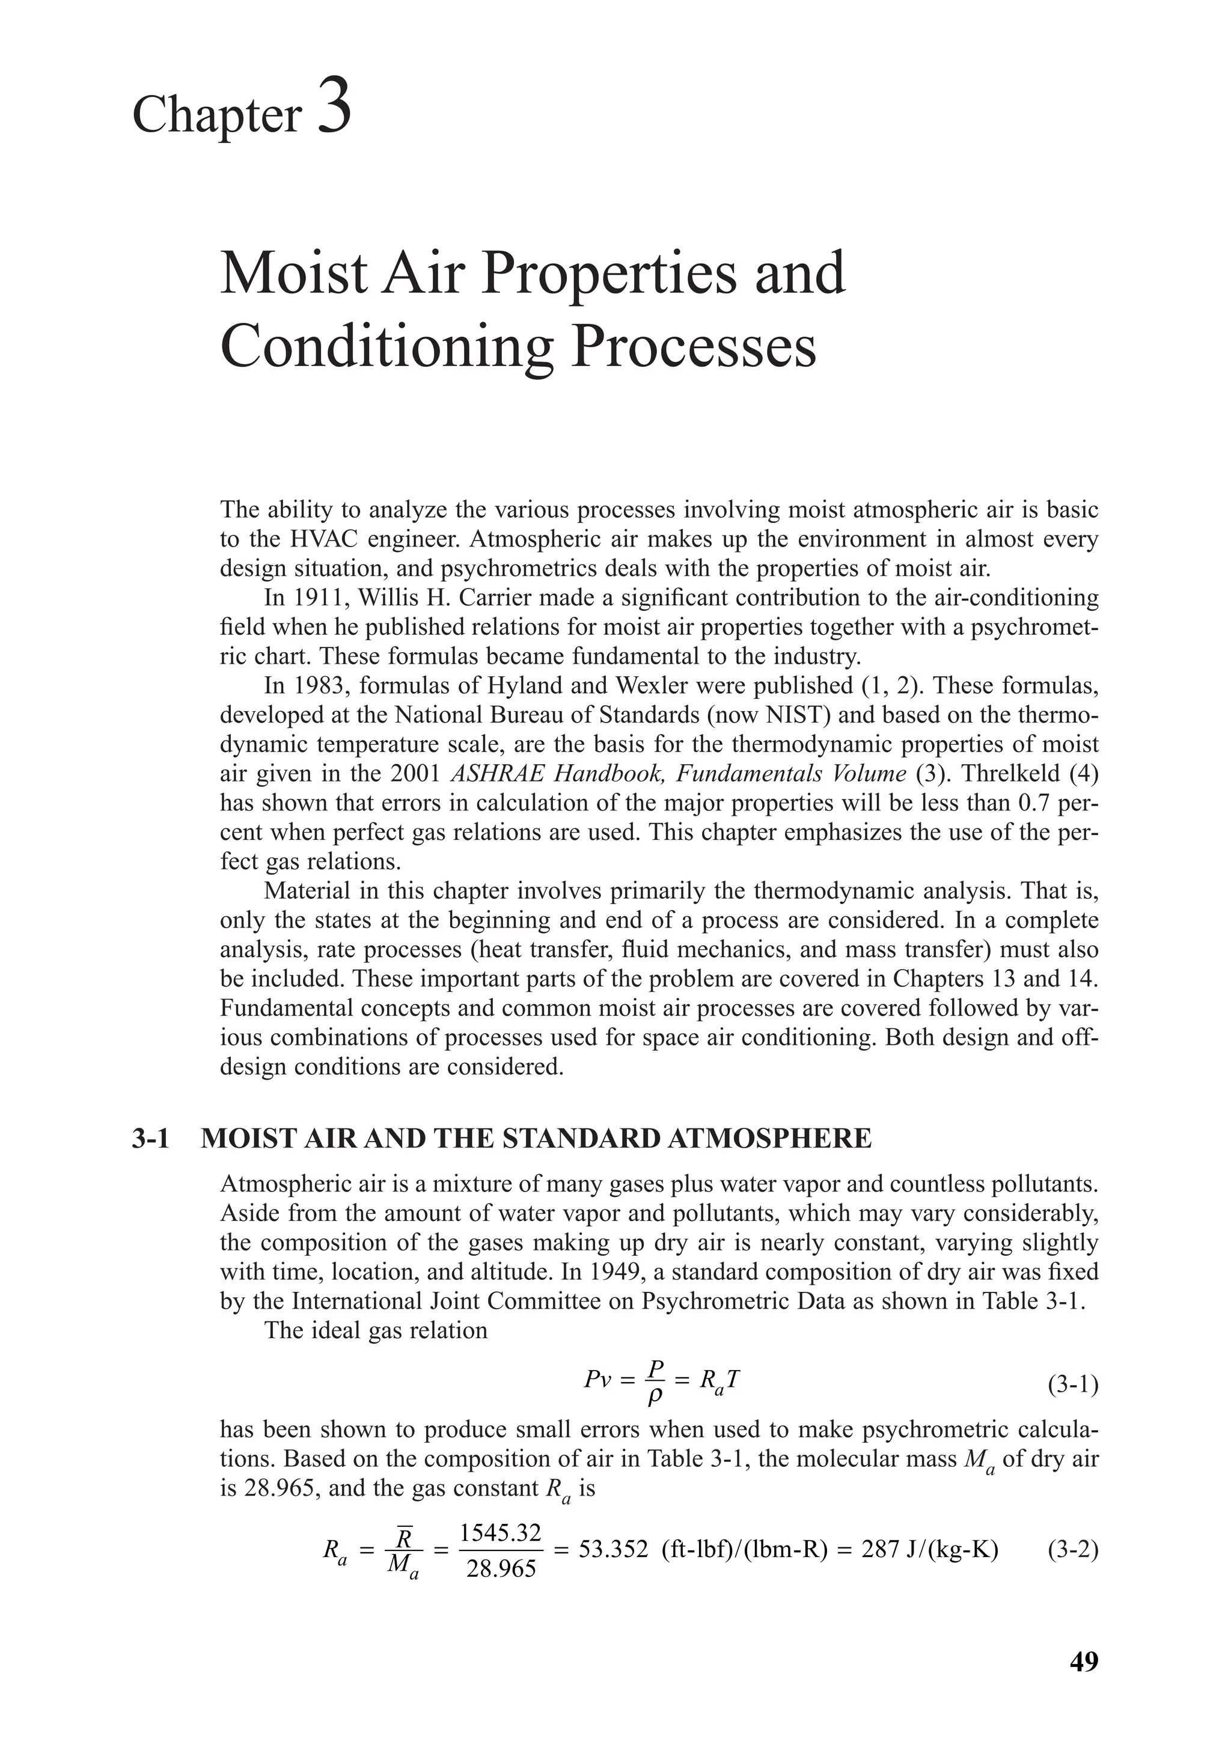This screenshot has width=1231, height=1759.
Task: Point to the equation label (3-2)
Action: pos(1072,1549)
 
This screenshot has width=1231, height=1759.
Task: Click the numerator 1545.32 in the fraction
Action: pos(500,1532)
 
